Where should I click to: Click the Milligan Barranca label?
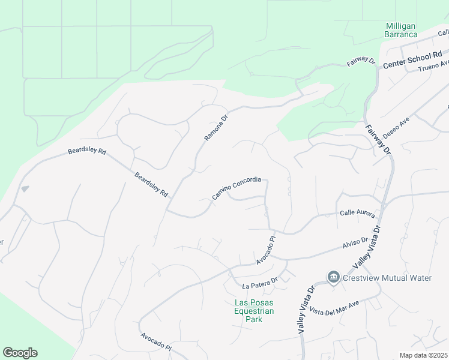pos(401,30)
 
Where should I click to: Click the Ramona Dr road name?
pos(216,128)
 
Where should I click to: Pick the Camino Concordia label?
pos(237,188)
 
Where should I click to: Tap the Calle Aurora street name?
pos(357,214)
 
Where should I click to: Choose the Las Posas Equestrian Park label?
pos(254,311)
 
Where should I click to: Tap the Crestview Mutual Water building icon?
pos(333,277)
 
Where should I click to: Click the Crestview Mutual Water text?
pos(388,278)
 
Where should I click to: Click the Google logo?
pos(20,353)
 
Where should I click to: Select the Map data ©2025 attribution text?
pos(424,355)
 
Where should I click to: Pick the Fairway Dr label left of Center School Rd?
pos(361,62)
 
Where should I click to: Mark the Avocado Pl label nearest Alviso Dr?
pos(265,251)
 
